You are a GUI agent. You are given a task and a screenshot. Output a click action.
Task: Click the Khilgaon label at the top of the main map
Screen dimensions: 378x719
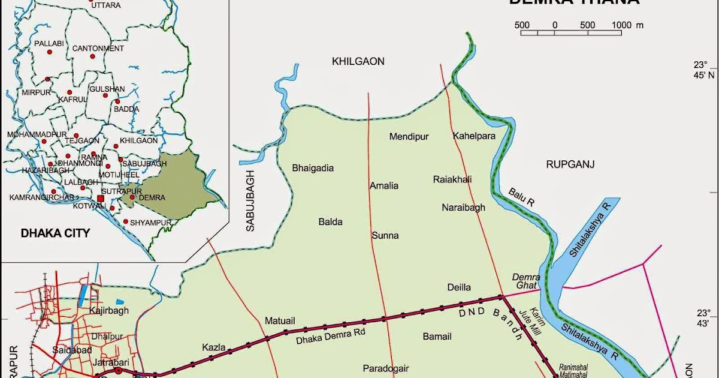[358, 61]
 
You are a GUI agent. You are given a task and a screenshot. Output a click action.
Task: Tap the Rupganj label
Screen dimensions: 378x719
[570, 163]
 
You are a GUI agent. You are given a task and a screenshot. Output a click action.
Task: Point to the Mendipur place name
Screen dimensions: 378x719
[409, 137]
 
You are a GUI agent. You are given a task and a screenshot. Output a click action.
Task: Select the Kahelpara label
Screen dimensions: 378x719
[474, 136]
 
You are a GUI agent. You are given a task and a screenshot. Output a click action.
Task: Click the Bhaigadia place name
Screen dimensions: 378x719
[312, 168]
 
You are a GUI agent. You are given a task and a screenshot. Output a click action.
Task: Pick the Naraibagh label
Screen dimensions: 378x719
[463, 208]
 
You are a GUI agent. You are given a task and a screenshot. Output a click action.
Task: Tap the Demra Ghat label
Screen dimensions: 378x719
[527, 281]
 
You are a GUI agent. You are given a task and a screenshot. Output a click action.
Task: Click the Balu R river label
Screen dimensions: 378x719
[521, 197]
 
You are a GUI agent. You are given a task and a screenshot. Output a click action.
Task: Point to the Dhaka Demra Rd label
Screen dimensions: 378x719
[331, 335]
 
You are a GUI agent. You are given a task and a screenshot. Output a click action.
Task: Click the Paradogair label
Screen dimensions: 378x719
[386, 368]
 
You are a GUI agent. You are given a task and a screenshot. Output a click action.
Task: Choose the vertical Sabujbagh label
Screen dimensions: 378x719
[250, 200]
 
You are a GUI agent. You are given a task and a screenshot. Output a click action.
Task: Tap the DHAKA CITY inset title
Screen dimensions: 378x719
[55, 233]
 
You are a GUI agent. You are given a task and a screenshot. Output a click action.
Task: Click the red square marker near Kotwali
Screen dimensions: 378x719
[101, 199]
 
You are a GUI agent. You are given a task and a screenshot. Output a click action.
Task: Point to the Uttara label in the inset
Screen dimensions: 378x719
[106, 5]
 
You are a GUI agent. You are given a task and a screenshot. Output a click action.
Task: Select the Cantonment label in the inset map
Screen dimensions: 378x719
[98, 48]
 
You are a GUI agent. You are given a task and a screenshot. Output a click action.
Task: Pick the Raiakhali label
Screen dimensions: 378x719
[452, 179]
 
